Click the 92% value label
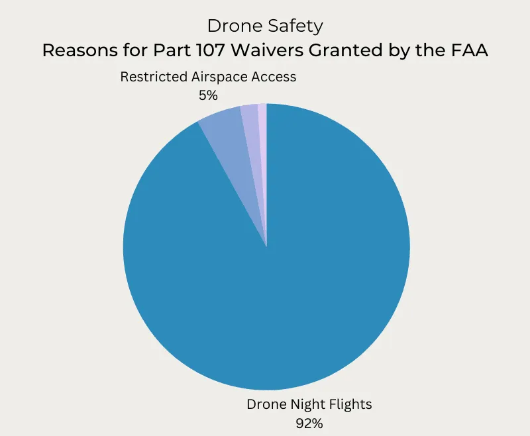(309, 423)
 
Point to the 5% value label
(208, 95)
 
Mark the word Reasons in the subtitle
(72, 50)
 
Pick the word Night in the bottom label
(305, 404)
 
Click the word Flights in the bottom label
(351, 404)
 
